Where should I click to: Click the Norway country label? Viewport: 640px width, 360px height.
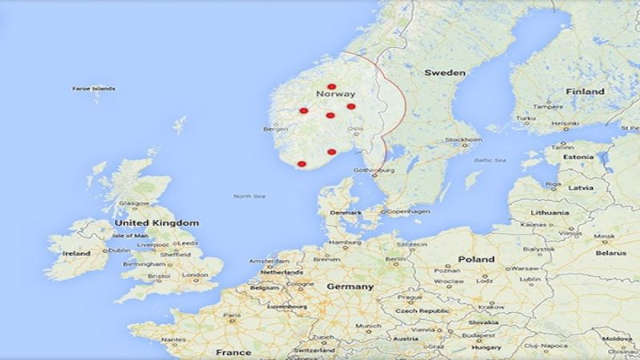pyautogui.click(x=336, y=95)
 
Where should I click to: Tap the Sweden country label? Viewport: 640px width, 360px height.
pyautogui.click(x=444, y=73)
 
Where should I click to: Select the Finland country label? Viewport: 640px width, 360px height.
pyautogui.click(x=585, y=92)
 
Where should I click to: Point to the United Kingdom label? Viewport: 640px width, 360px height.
pyautogui.click(x=157, y=223)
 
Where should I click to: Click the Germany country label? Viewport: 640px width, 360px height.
pyautogui.click(x=350, y=286)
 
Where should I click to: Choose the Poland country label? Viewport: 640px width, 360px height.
pyautogui.click(x=476, y=260)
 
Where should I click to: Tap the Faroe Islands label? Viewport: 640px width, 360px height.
pyautogui.click(x=94, y=89)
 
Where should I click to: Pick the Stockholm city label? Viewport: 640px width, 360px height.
pyautogui.click(x=463, y=140)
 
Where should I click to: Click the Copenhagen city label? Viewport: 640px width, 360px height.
pyautogui.click(x=408, y=211)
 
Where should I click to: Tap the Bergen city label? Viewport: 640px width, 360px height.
pyautogui.click(x=274, y=129)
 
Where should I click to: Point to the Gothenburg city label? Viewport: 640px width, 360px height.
pyautogui.click(x=374, y=170)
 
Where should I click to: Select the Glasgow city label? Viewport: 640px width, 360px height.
pyautogui.click(x=134, y=204)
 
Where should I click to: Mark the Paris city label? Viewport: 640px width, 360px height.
pyautogui.click(x=232, y=316)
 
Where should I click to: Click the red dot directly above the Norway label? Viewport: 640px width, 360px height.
pyautogui.click(x=331, y=86)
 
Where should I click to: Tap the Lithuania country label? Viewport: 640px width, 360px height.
pyautogui.click(x=550, y=213)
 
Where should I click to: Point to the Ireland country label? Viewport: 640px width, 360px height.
pyautogui.click(x=77, y=253)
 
